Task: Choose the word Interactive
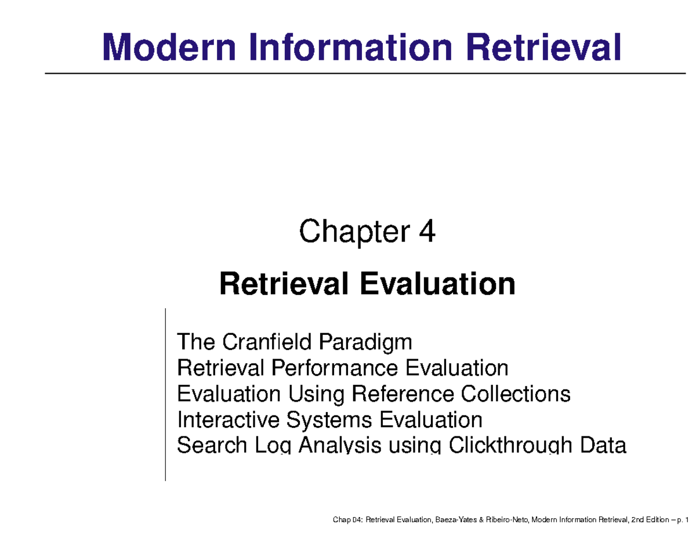222,420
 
